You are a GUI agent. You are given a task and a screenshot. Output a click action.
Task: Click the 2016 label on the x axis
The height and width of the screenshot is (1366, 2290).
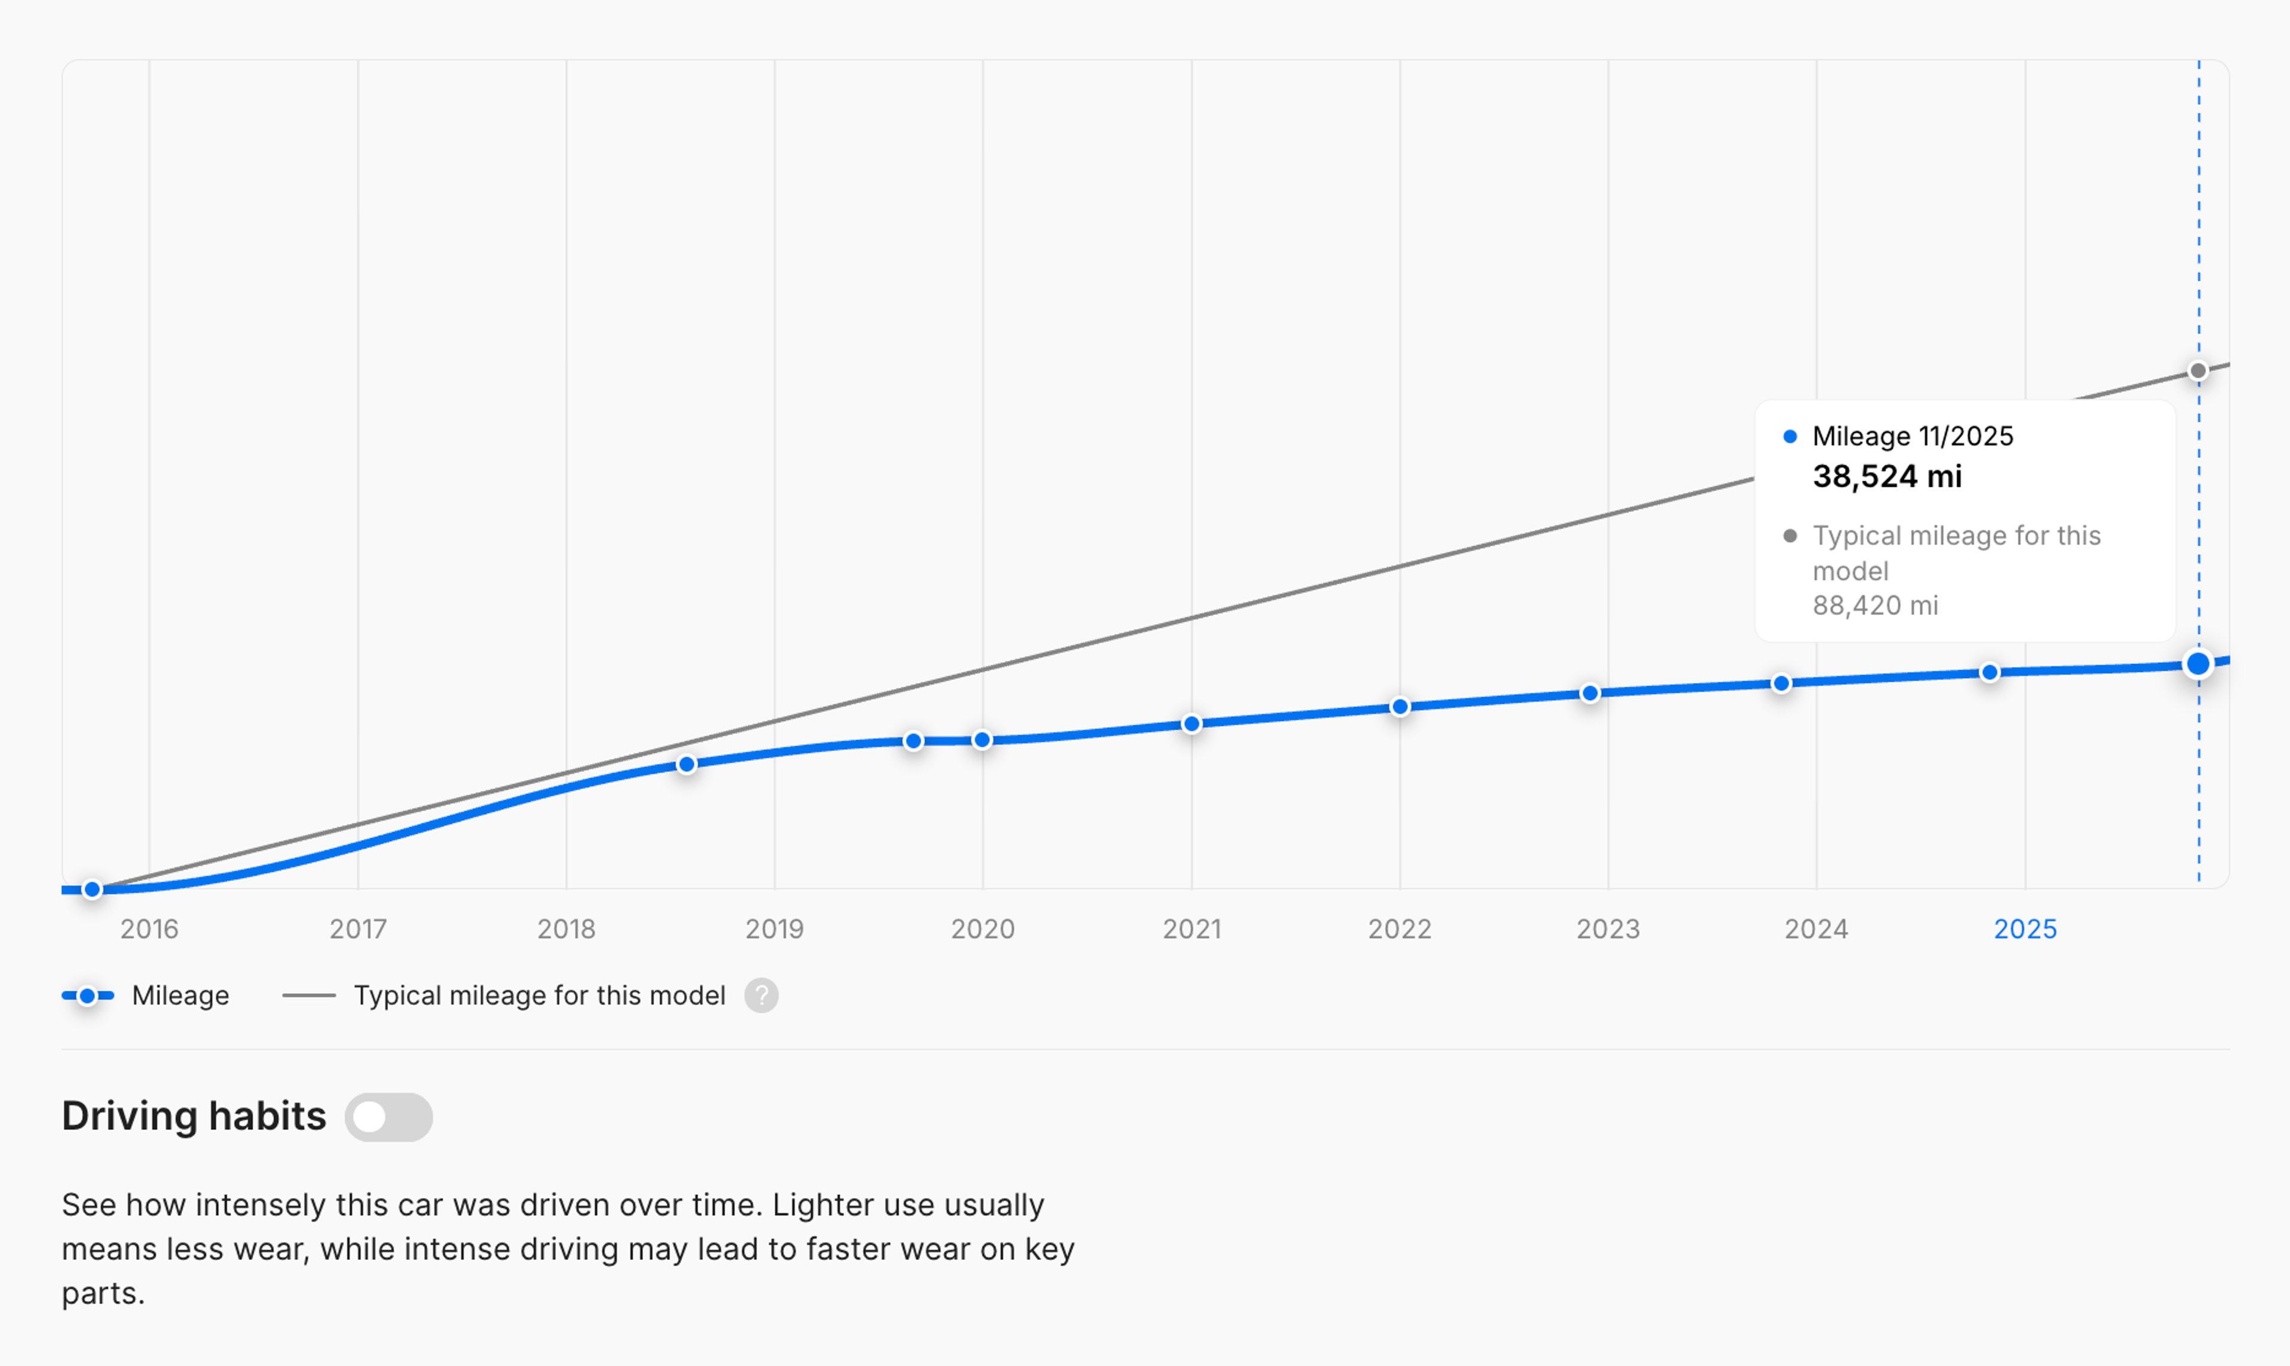point(149,929)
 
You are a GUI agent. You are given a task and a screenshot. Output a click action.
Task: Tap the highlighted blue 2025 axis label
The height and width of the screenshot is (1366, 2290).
point(2025,929)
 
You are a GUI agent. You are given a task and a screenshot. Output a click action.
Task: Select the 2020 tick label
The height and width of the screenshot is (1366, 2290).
point(983,929)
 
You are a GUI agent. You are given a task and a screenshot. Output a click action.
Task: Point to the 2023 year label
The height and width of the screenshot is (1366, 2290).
point(1608,929)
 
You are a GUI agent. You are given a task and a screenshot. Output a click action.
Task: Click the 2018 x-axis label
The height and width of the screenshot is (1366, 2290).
point(566,929)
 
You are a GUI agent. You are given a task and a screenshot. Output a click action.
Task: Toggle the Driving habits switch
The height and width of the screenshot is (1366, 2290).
point(388,1117)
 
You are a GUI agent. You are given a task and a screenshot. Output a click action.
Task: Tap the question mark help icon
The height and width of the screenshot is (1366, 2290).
point(761,995)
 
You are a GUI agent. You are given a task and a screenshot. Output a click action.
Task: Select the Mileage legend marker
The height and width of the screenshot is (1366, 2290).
point(88,995)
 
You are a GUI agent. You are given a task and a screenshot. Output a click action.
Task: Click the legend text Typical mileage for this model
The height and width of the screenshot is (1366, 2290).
point(539,995)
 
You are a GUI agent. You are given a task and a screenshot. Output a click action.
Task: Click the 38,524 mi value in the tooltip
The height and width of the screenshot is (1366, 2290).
point(1887,476)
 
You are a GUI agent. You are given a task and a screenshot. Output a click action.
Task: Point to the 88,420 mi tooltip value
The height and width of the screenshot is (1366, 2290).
point(1875,605)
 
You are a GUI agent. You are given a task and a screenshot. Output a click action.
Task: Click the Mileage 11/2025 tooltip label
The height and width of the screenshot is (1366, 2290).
point(1912,436)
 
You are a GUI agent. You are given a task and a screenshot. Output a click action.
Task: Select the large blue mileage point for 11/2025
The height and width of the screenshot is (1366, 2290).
point(2198,664)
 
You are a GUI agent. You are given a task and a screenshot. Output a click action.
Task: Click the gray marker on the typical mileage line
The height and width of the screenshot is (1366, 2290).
point(2198,371)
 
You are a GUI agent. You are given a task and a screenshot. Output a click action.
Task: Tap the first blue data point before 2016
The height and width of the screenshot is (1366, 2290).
point(92,889)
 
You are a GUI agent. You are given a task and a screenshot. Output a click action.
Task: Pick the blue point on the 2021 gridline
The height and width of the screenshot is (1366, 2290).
point(1192,724)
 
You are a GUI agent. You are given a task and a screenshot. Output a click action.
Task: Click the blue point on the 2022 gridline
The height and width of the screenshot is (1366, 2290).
point(1400,707)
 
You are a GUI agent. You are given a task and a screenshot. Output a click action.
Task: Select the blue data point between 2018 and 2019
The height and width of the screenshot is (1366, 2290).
point(686,764)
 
